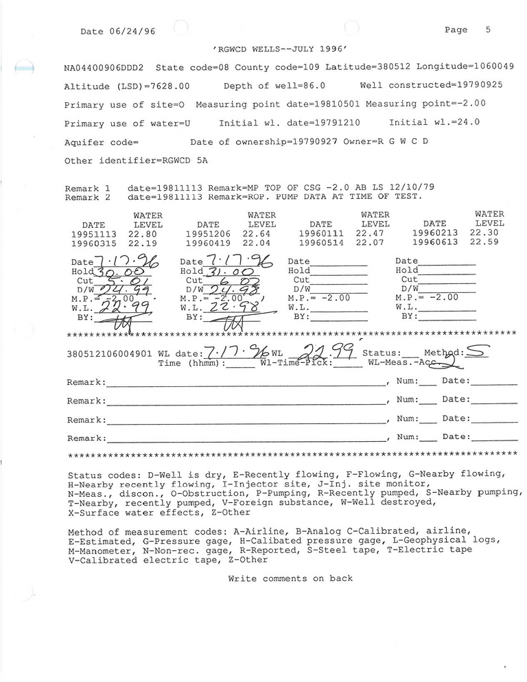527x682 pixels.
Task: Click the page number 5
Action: pos(488,30)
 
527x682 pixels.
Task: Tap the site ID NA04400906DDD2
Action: pos(104,68)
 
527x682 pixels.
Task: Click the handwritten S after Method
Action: pos(478,353)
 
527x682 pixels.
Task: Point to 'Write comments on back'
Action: pos(290,578)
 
